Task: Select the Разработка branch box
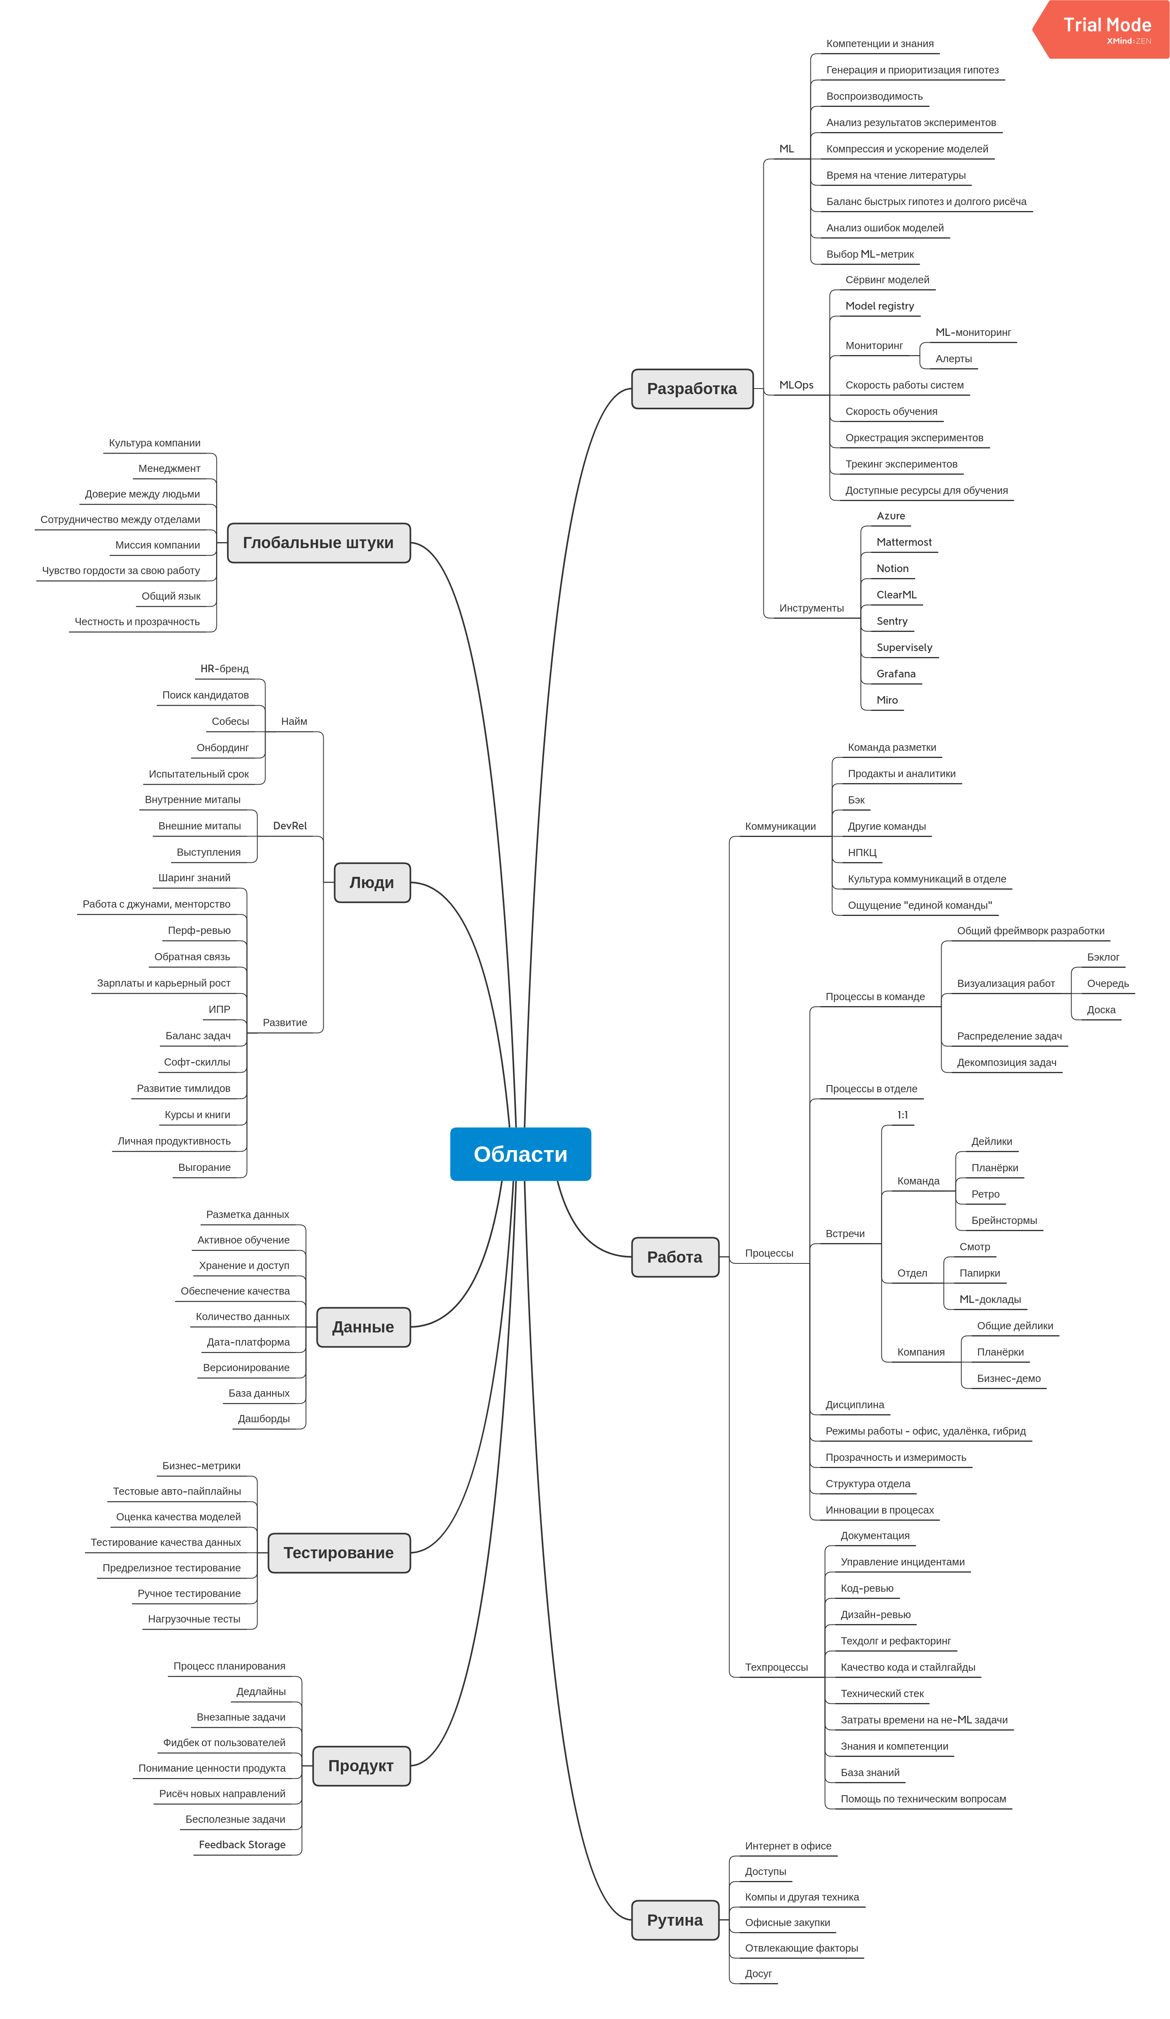click(x=692, y=389)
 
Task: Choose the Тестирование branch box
click(x=339, y=1553)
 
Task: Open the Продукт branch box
click(x=361, y=1766)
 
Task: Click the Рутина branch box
click(x=675, y=1920)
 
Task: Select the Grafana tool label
click(x=895, y=674)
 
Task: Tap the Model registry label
click(x=879, y=306)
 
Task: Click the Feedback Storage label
click(x=242, y=1844)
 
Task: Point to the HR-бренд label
click(x=224, y=668)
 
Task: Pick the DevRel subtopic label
click(x=290, y=825)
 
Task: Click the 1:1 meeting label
click(x=903, y=1115)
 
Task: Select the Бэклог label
click(x=1103, y=957)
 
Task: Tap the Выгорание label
click(x=204, y=1167)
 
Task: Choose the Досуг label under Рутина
click(x=758, y=1974)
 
